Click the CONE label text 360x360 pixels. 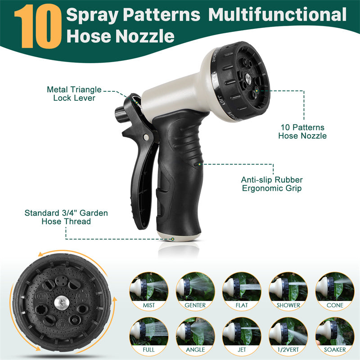334,305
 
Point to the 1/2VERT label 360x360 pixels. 288,349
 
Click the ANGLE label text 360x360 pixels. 195,349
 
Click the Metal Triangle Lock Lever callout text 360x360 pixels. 74,94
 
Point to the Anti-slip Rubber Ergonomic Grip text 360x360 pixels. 271,184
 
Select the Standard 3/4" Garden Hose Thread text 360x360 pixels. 66,217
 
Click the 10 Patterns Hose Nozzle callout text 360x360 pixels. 302,131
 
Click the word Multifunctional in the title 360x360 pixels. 277,15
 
